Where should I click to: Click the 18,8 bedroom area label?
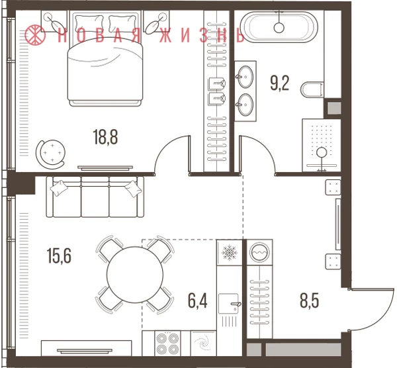tap(105, 137)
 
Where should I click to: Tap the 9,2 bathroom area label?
tap(279, 83)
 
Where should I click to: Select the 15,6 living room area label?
tap(59, 256)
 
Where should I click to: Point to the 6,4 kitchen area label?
tap(197, 300)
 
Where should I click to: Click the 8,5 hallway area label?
tap(310, 300)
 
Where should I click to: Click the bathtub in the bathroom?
tap(279, 26)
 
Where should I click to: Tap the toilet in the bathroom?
tap(313, 89)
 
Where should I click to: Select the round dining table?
tap(135, 275)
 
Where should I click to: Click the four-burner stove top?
tap(167, 343)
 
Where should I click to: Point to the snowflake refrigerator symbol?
tap(229, 253)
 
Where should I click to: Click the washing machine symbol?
tap(259, 252)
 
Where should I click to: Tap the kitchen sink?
tap(229, 304)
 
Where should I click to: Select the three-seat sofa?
tap(95, 197)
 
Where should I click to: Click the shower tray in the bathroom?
tap(321, 145)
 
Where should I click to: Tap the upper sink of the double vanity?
tap(245, 77)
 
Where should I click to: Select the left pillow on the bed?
tap(89, 24)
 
